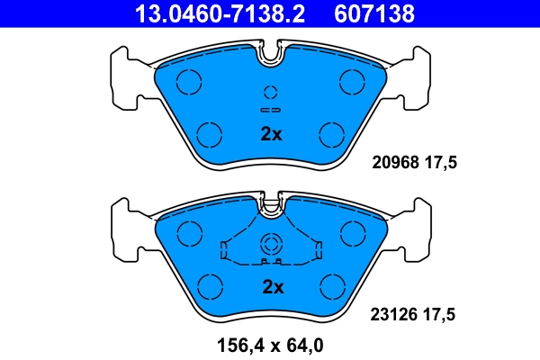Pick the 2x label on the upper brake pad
click(x=271, y=135)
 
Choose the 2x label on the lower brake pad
click(x=271, y=287)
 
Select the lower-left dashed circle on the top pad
click(x=209, y=135)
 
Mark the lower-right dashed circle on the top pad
click(x=333, y=135)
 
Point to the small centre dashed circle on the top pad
click(x=271, y=92)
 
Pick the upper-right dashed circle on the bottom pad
click(x=351, y=235)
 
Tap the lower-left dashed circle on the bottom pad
click(x=209, y=287)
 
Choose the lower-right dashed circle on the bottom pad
click(x=333, y=287)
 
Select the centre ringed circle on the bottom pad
click(x=271, y=243)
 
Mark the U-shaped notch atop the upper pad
click(x=271, y=56)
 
